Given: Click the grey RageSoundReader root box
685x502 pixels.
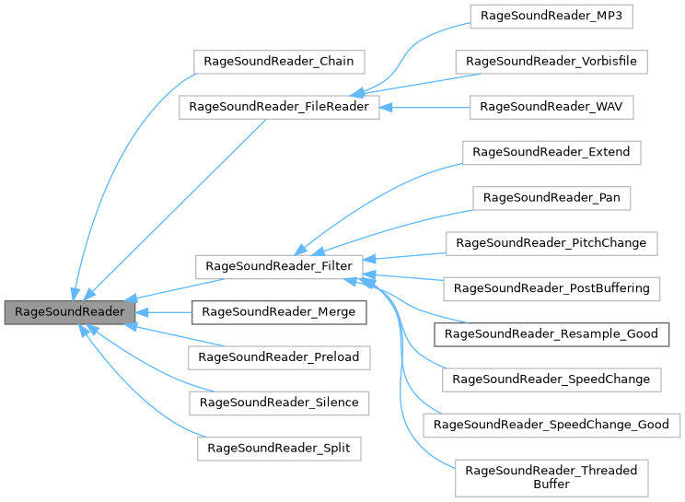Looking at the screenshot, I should (x=69, y=311).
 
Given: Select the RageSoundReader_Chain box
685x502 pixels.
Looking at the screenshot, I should (x=279, y=62).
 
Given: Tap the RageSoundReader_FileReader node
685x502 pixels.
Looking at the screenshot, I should (x=278, y=107).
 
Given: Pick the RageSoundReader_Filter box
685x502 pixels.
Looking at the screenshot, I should (x=279, y=267).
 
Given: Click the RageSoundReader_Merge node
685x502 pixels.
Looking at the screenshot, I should (x=279, y=311).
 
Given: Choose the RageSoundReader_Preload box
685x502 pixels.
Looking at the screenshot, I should (x=279, y=356).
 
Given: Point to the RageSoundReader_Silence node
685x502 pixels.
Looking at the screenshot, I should (x=279, y=402).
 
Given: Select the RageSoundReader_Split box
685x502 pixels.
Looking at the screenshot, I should (x=279, y=448).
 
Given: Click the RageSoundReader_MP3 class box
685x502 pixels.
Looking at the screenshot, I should (x=551, y=16).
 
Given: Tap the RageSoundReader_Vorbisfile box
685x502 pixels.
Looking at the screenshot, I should (x=551, y=62).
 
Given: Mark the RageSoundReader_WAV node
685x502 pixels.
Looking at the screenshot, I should (x=551, y=107).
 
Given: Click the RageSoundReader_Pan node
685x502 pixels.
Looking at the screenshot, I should (x=551, y=197).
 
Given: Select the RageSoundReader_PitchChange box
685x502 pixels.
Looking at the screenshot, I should (x=551, y=243).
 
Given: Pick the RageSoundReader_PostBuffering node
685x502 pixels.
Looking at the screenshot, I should (x=551, y=288).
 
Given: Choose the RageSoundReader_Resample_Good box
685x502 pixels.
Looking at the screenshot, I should (x=551, y=333).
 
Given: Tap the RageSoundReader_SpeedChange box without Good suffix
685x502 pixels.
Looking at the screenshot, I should (x=551, y=379).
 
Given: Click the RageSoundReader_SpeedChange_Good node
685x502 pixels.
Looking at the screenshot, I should (x=551, y=425).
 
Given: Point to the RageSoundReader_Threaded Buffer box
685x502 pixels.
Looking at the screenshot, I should (x=551, y=476).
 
